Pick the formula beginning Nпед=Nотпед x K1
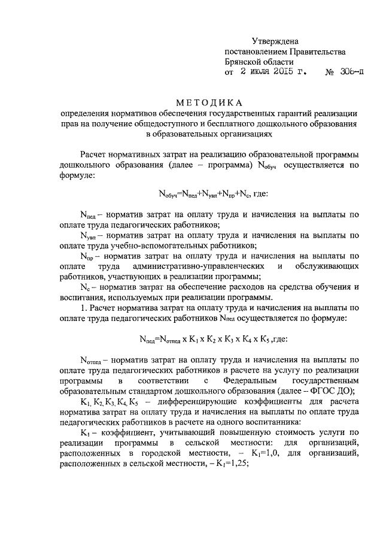213,339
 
